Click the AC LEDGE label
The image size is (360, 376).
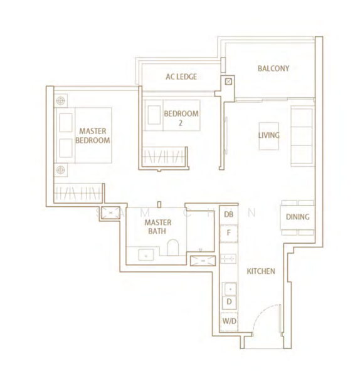pos(181,77)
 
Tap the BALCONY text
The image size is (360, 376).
pos(273,68)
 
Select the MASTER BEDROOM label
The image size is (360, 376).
pos(92,136)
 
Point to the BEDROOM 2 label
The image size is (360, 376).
pos(181,118)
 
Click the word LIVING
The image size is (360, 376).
pos(269,135)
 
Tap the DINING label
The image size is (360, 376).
pos(297,217)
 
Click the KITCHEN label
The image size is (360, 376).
pos(260,271)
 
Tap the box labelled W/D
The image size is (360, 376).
pos(228,321)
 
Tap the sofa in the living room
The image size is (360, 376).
pos(302,135)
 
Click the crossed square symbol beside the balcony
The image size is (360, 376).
pos(228,81)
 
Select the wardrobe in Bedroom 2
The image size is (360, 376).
pos(164,155)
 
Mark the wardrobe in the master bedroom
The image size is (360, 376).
pos(78,193)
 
